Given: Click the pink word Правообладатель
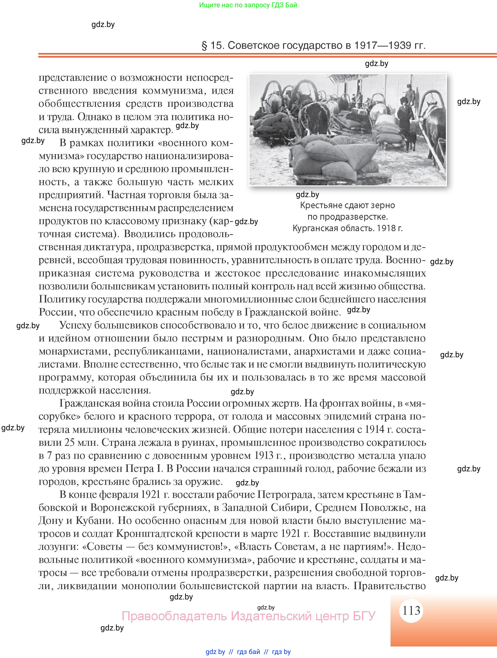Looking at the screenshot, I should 175,615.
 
